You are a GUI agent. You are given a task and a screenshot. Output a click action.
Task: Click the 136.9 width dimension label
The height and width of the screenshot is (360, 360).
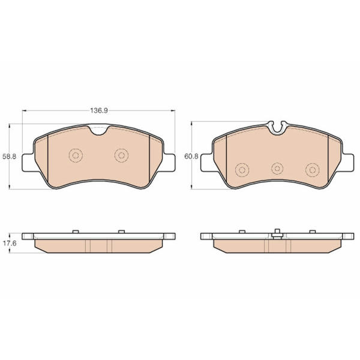click(99, 110)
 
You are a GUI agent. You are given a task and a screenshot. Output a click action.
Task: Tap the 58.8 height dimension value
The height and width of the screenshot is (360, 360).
click(10, 157)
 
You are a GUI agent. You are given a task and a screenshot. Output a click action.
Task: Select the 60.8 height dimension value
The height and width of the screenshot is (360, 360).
click(191, 157)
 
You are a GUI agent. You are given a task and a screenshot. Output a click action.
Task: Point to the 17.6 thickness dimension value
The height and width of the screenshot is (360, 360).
click(10, 244)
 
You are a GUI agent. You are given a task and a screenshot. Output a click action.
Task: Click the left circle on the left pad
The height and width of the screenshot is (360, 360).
click(76, 155)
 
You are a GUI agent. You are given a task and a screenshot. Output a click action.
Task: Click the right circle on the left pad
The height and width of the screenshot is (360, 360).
click(121, 155)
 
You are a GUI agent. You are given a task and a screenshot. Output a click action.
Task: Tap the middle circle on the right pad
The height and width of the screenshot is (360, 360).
click(277, 169)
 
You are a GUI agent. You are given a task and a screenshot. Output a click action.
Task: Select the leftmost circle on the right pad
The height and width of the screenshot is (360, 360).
click(242, 170)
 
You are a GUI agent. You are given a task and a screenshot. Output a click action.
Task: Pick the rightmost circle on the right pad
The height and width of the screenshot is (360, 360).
click(313, 170)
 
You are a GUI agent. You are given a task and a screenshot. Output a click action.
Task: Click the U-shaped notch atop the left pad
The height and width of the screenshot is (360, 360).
click(99, 131)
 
